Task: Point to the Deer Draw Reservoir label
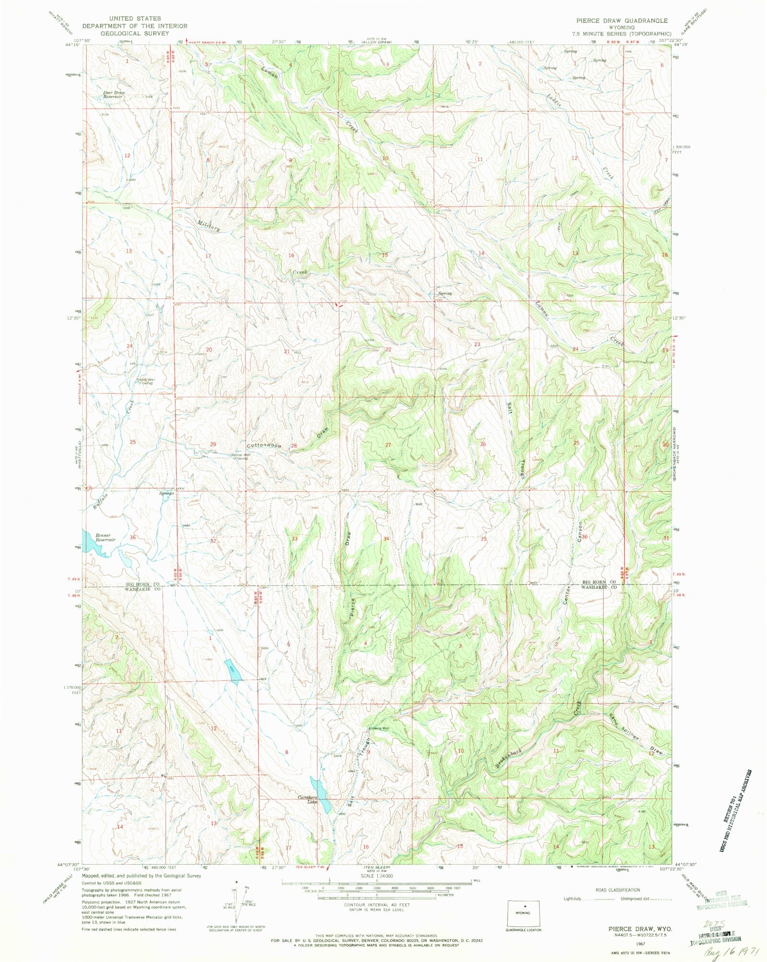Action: [114, 94]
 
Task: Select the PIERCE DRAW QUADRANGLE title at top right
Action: [622, 21]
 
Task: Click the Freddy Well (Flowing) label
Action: [146, 381]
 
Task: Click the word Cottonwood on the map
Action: [264, 445]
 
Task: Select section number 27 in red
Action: [388, 445]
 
